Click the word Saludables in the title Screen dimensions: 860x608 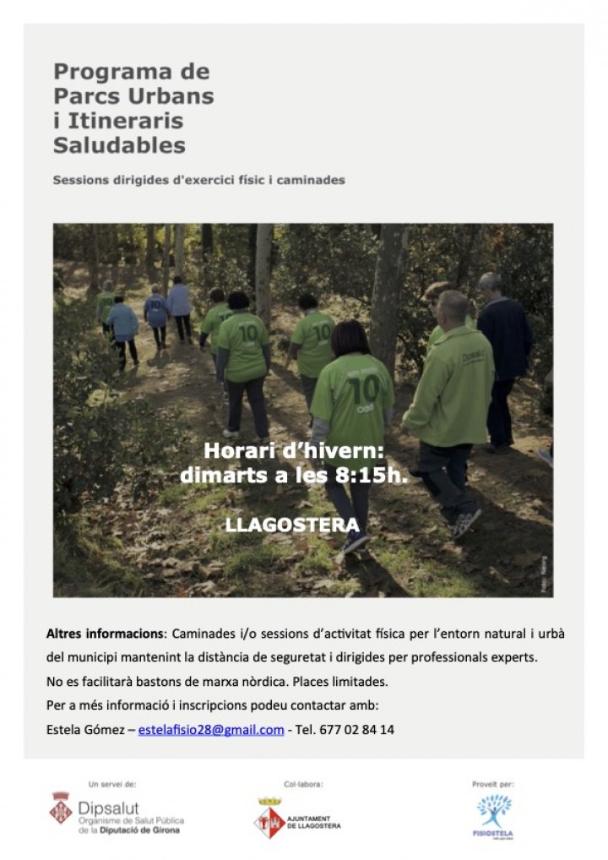(x=119, y=145)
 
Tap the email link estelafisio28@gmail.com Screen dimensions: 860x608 (x=211, y=730)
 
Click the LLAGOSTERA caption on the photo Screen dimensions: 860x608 (x=291, y=525)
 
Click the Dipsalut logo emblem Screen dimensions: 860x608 (x=61, y=807)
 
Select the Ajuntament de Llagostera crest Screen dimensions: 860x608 (x=269, y=817)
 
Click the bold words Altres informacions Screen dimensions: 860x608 (x=105, y=634)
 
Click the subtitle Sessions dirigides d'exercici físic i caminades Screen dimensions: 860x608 (x=198, y=180)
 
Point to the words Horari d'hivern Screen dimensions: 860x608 (x=294, y=451)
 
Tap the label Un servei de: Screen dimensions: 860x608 (x=111, y=784)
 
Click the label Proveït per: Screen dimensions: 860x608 (x=493, y=784)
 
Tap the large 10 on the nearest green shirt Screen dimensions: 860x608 (x=363, y=390)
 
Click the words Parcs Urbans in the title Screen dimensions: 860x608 (x=133, y=95)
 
